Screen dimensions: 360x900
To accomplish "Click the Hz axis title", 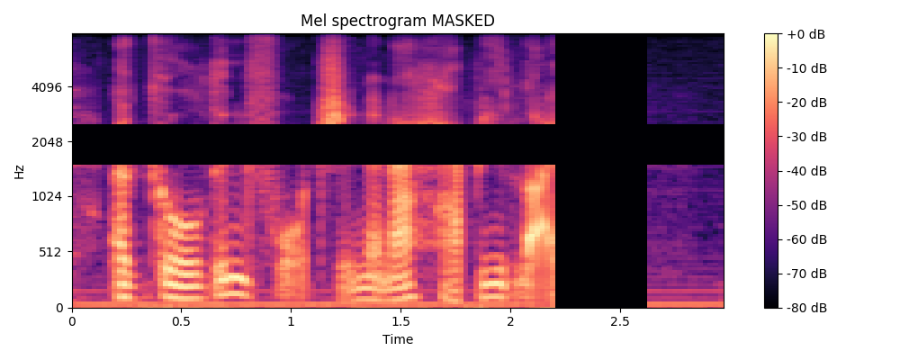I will click(x=20, y=171).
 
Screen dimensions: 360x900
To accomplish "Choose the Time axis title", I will click(x=398, y=339).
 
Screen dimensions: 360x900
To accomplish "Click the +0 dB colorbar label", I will click(x=806, y=34).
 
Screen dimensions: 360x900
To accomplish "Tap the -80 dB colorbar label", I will click(x=806, y=308).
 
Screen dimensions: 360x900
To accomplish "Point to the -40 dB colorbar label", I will click(x=806, y=171).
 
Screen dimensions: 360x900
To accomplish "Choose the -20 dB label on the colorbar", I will click(x=806, y=103).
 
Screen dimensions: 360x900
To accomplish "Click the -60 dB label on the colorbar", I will click(x=806, y=239).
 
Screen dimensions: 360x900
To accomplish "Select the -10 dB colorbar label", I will click(x=806, y=68).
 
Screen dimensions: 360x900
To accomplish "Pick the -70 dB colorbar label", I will click(x=806, y=274).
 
